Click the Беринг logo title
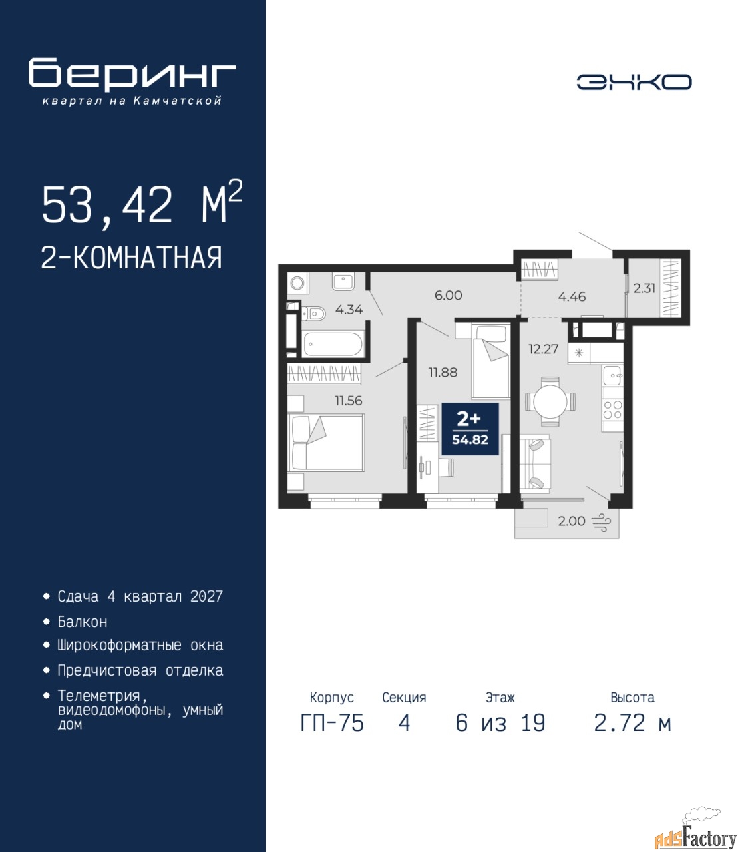click(132, 75)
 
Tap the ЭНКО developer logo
click(634, 82)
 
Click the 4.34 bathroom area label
click(349, 309)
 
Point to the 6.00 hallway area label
click(448, 295)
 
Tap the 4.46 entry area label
click(572, 296)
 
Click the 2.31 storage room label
click(644, 288)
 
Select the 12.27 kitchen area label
click(544, 349)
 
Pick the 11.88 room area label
click(443, 372)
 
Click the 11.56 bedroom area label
click(348, 400)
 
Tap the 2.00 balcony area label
click(572, 521)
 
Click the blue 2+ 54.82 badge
click(470, 429)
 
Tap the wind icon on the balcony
click(601, 522)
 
